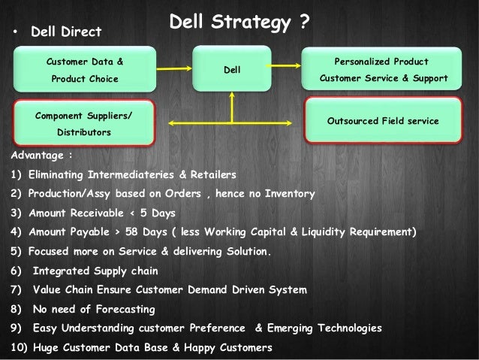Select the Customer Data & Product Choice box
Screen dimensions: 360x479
coord(86,69)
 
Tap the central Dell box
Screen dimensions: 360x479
coord(232,70)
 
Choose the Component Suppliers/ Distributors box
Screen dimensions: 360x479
coord(83,123)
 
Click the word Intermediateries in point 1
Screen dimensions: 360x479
coord(130,174)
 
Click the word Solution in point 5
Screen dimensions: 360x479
coord(247,251)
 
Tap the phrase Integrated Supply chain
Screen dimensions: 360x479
coord(94,271)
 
